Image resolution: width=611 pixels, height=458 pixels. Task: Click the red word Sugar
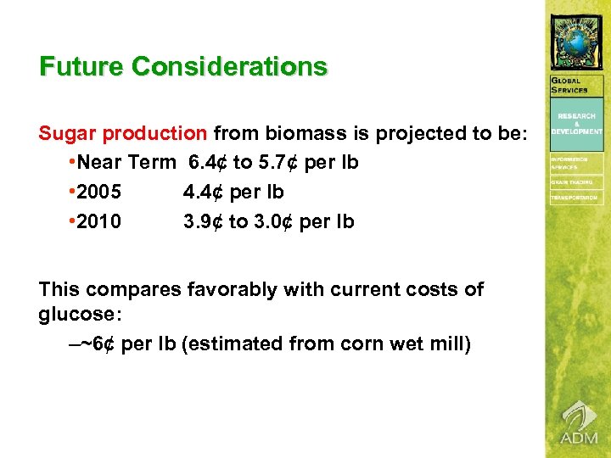67,134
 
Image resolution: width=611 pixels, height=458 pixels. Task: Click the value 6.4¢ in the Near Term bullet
209,161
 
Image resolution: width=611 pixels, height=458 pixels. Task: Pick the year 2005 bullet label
98,192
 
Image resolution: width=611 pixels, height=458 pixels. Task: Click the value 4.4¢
204,192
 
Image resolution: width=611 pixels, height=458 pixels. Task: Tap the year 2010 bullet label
98,222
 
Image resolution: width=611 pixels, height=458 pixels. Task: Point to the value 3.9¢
204,222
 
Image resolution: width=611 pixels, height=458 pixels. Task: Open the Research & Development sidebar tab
577,123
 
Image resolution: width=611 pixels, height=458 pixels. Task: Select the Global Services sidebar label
569,86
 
